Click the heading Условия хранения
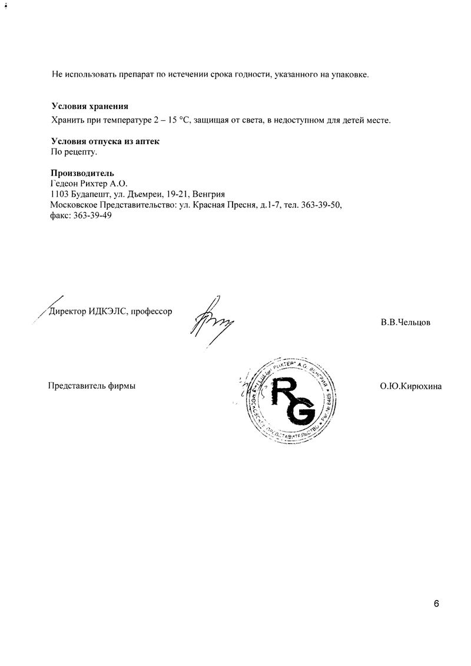89,107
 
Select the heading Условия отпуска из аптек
105,142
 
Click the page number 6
436,604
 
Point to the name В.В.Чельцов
405,322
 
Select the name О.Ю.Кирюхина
410,386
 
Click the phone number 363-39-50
321,205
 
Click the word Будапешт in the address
90,194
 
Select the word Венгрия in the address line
217,194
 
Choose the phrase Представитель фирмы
91,386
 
